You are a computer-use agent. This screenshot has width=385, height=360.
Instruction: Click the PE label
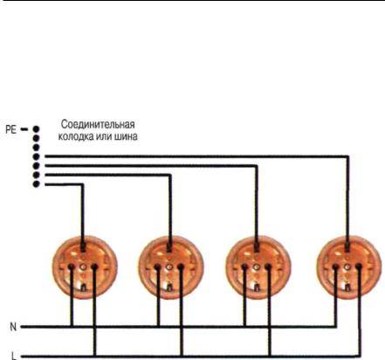coord(11,129)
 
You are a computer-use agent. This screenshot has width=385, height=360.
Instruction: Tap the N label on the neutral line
coord(13,327)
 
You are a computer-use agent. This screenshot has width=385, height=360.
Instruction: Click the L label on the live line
coord(14,356)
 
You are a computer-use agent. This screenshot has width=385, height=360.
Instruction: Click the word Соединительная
coord(98,125)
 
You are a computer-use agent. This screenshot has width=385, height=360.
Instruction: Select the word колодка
coord(75,136)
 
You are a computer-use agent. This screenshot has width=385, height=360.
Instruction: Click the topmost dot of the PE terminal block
coord(36,129)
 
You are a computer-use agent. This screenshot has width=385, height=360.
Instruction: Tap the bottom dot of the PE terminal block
coord(36,184)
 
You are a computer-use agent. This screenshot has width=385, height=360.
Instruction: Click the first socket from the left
coord(85,267)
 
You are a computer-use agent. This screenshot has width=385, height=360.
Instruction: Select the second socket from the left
coord(171,267)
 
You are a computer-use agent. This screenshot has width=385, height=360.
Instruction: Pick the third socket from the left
coord(258,267)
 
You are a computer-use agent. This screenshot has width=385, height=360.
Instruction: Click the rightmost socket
coord(349,267)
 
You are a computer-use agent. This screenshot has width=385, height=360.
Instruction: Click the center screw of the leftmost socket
coord(83,267)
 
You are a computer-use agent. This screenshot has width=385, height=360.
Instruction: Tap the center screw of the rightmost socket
coord(347,267)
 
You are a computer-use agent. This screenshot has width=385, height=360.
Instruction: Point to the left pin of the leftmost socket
coord(71,267)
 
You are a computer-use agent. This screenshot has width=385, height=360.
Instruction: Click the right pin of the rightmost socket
coord(358,267)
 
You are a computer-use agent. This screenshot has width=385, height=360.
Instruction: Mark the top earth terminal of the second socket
coord(169,248)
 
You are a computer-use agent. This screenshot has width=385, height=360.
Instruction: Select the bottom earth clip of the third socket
coord(257,287)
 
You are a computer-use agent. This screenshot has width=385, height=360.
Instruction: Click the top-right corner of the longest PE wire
coord(347,156)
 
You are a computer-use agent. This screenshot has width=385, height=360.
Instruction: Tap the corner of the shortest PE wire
coord(82,184)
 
